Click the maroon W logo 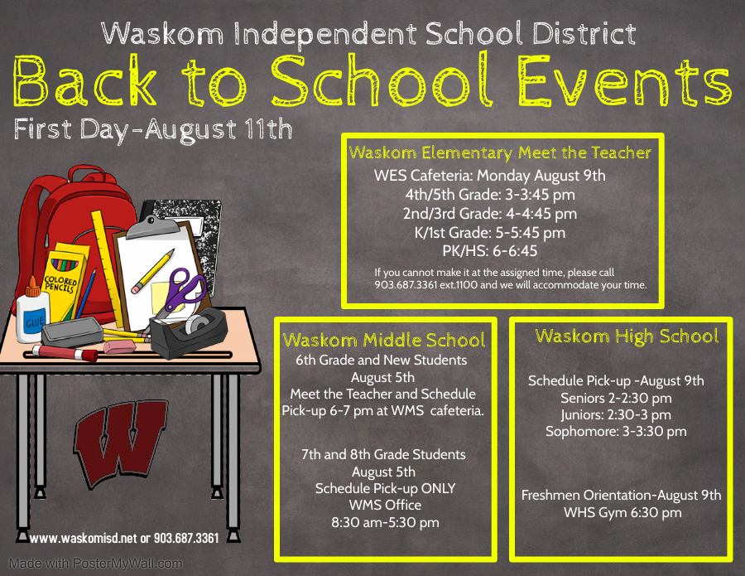pyautogui.click(x=120, y=440)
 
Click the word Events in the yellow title pyautogui.click(x=613, y=82)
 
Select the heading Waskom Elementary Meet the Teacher pyautogui.click(x=500, y=152)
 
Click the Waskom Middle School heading pyautogui.click(x=384, y=340)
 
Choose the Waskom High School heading pyautogui.click(x=627, y=336)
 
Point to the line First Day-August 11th pyautogui.click(x=153, y=130)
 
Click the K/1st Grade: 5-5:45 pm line pyautogui.click(x=490, y=233)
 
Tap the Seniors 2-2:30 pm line pyautogui.click(x=616, y=398)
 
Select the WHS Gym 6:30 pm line pyautogui.click(x=622, y=512)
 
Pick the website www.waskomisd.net pyautogui.click(x=83, y=539)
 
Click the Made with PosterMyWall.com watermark pyautogui.click(x=95, y=564)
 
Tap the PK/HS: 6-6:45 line pyautogui.click(x=490, y=252)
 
